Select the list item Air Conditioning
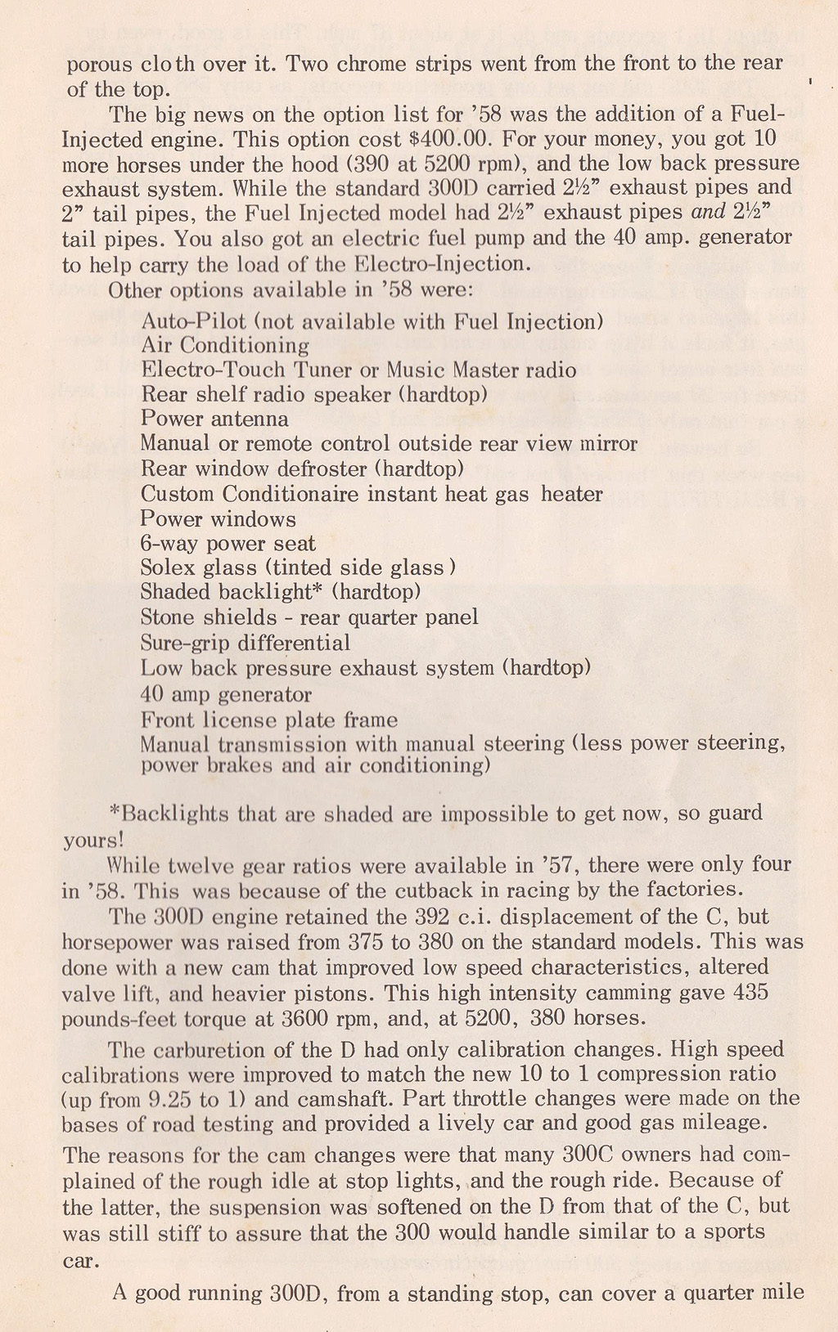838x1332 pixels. [225, 346]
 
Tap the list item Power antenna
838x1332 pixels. [214, 419]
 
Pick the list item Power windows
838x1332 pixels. [218, 519]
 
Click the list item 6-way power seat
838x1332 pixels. [228, 544]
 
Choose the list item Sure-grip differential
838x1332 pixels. [246, 643]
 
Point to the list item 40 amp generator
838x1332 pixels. [226, 695]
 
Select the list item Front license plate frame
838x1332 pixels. [269, 720]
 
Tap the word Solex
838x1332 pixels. [168, 567]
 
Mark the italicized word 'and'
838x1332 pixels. [709, 213]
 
